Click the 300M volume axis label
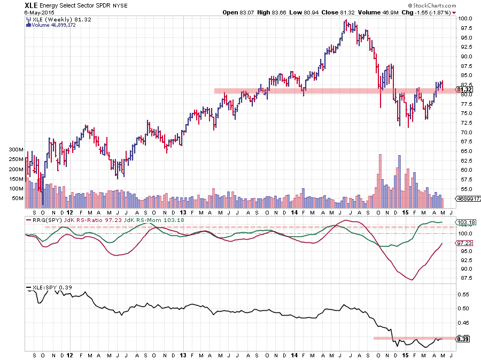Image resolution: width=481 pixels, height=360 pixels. click(x=17, y=150)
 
